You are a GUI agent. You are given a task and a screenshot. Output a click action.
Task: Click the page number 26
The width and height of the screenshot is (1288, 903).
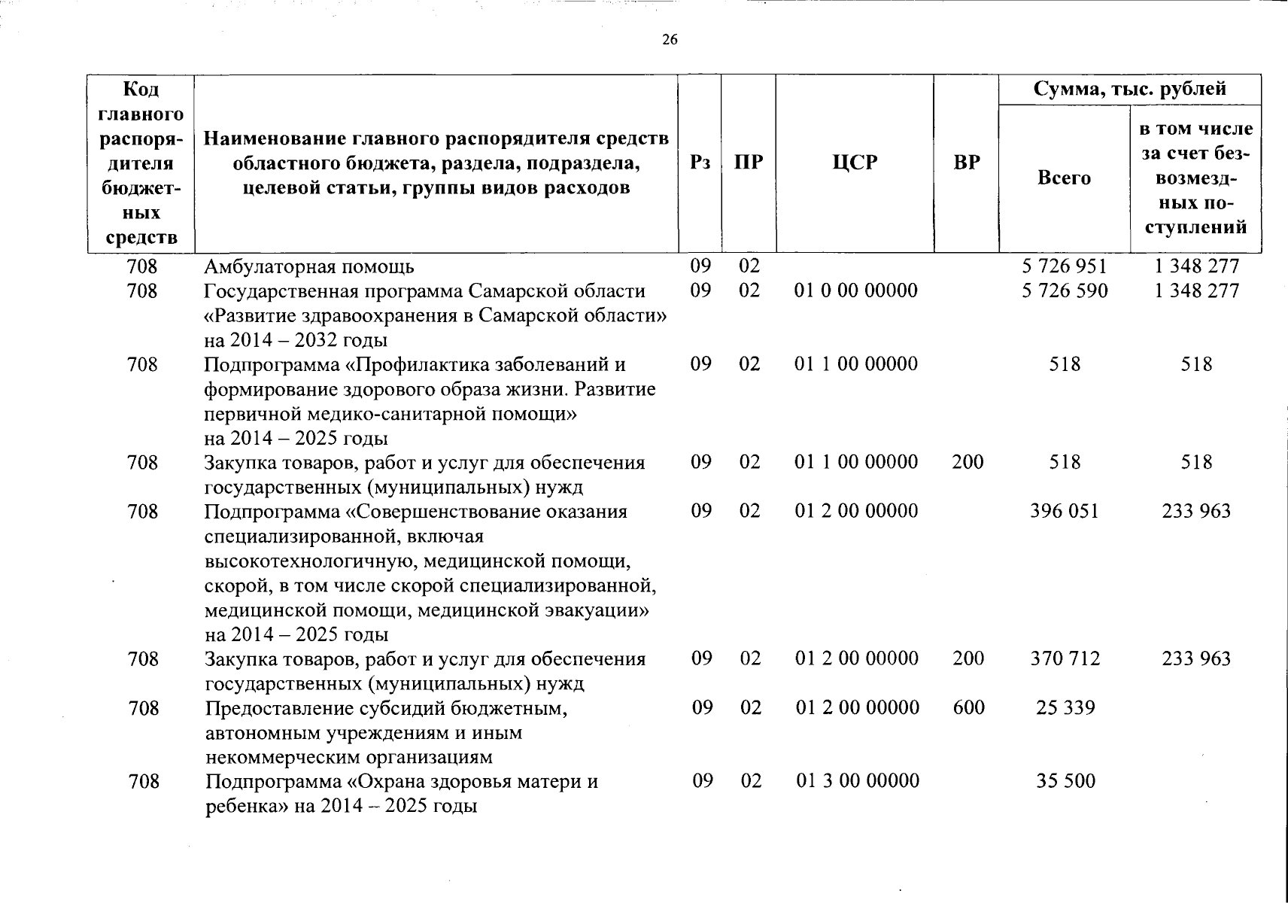[x=670, y=40]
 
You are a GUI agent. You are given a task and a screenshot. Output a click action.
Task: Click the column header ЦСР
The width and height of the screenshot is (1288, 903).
[x=855, y=163]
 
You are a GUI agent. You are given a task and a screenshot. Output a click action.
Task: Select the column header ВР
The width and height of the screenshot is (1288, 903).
[x=967, y=163]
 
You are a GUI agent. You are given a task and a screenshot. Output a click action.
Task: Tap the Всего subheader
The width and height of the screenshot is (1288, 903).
[x=1064, y=178]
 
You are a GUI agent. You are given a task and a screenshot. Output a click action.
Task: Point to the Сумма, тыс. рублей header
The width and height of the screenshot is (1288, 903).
[x=1129, y=89]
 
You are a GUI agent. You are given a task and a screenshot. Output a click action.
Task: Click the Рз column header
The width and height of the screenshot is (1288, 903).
[x=700, y=163]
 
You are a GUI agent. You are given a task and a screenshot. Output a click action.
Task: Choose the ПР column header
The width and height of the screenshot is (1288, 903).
[x=749, y=163]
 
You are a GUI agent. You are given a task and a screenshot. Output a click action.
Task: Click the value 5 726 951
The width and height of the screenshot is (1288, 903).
[x=1065, y=266]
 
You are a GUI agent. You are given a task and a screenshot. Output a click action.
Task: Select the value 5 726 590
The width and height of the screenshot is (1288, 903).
[x=1065, y=290]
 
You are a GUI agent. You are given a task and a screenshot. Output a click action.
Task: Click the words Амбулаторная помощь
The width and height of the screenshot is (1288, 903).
[x=309, y=267]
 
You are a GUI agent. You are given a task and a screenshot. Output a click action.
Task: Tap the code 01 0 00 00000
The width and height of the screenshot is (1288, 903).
[x=856, y=290]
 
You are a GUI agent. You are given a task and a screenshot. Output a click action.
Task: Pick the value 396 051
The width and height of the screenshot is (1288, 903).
[x=1065, y=512]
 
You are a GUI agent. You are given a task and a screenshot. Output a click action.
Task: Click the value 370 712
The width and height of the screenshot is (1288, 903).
[x=1065, y=659]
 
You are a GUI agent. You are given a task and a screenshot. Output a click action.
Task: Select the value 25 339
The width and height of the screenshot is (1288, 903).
[x=1065, y=708]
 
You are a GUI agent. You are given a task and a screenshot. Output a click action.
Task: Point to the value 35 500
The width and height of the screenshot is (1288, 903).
[x=1065, y=781]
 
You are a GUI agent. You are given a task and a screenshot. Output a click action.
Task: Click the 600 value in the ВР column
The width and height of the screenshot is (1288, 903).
[x=968, y=708]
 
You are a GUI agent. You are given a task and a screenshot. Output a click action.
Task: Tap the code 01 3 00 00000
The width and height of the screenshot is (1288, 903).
[x=858, y=781]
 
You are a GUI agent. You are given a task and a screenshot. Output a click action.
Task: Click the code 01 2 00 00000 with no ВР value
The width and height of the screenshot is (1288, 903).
[x=856, y=512]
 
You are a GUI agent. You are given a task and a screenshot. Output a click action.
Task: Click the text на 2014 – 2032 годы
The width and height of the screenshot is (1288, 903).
[x=296, y=340]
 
